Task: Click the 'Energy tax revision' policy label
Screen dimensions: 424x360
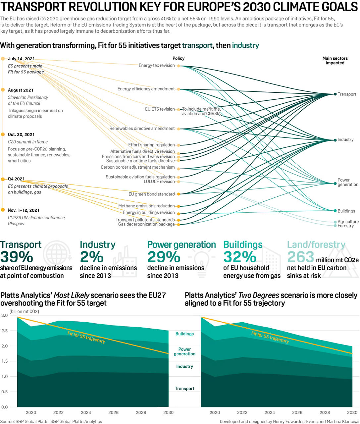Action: point(157,66)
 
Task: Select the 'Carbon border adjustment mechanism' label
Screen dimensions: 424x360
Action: point(137,167)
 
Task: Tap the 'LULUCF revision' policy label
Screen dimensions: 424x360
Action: point(159,182)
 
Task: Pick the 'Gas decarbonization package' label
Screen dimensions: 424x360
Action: point(146,224)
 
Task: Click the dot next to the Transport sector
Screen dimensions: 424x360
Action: point(335,94)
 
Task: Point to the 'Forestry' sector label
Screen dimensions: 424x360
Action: point(345,226)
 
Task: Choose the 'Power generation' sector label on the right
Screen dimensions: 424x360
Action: point(347,182)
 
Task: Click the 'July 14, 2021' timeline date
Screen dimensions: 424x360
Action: point(21,59)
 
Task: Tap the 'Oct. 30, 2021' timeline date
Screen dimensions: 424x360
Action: point(21,134)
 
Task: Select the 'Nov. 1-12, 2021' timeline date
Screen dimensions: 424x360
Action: point(24,210)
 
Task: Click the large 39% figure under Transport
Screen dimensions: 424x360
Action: point(17,257)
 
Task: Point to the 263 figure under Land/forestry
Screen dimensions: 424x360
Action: point(300,257)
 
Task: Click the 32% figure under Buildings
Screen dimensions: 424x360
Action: point(239,257)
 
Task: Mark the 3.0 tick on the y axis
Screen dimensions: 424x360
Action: point(4,315)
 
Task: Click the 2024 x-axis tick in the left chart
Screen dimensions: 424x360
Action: point(86,412)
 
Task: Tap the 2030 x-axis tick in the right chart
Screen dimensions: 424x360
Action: point(352,412)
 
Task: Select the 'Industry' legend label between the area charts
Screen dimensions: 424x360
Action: point(184,366)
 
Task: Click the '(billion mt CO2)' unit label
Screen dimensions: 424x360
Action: point(24,311)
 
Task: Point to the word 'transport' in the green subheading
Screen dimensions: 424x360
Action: point(197,46)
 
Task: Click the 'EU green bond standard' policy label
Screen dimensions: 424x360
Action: point(151,194)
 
